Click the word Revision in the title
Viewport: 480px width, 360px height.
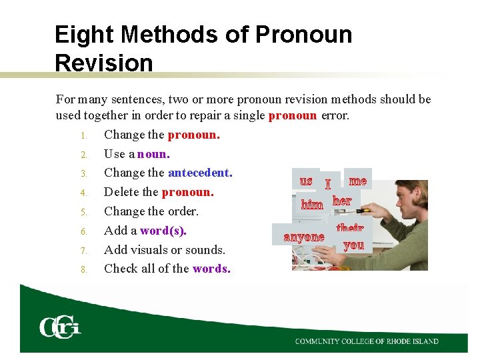104,63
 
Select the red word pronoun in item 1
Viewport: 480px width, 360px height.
193,135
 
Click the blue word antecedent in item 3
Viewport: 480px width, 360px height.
199,173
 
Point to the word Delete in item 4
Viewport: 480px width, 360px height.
122,192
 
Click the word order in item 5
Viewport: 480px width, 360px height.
183,211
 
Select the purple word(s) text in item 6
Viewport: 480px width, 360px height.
163,231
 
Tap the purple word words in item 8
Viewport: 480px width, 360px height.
211,269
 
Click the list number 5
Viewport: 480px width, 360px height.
84,212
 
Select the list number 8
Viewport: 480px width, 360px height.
84,270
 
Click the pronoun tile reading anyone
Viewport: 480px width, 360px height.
304,237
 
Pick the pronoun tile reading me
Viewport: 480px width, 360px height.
358,181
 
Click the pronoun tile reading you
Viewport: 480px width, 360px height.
353,245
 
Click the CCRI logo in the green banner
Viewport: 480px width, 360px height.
60,327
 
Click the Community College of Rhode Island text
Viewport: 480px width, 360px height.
367,341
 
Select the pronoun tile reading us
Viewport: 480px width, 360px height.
306,181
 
